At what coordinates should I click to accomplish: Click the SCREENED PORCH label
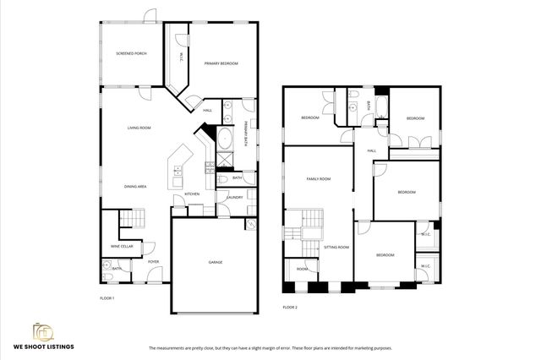click(131, 53)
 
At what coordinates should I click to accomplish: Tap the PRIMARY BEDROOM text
click(221, 63)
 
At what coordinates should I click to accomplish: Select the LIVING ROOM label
click(139, 128)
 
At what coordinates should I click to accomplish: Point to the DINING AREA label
click(136, 186)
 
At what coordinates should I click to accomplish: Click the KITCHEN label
click(192, 194)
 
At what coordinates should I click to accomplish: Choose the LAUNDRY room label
click(234, 198)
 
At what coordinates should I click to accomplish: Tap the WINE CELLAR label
click(122, 246)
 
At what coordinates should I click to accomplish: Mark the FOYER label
click(153, 262)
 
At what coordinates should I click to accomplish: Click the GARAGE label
click(216, 262)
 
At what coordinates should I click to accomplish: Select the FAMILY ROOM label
click(318, 178)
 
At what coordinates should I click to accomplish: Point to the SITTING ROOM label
click(336, 248)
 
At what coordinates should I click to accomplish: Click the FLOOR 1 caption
click(107, 298)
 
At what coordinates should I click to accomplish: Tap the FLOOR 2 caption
click(290, 307)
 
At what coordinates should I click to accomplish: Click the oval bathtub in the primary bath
click(226, 138)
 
